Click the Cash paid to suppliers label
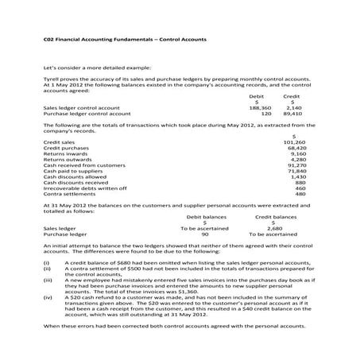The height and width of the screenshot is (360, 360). click(74, 171)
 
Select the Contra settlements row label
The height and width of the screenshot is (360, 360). click(67, 194)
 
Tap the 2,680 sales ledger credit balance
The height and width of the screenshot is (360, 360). click(274, 228)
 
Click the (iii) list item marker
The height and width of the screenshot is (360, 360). click(48, 281)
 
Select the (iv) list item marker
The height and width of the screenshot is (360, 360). click(48, 298)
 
